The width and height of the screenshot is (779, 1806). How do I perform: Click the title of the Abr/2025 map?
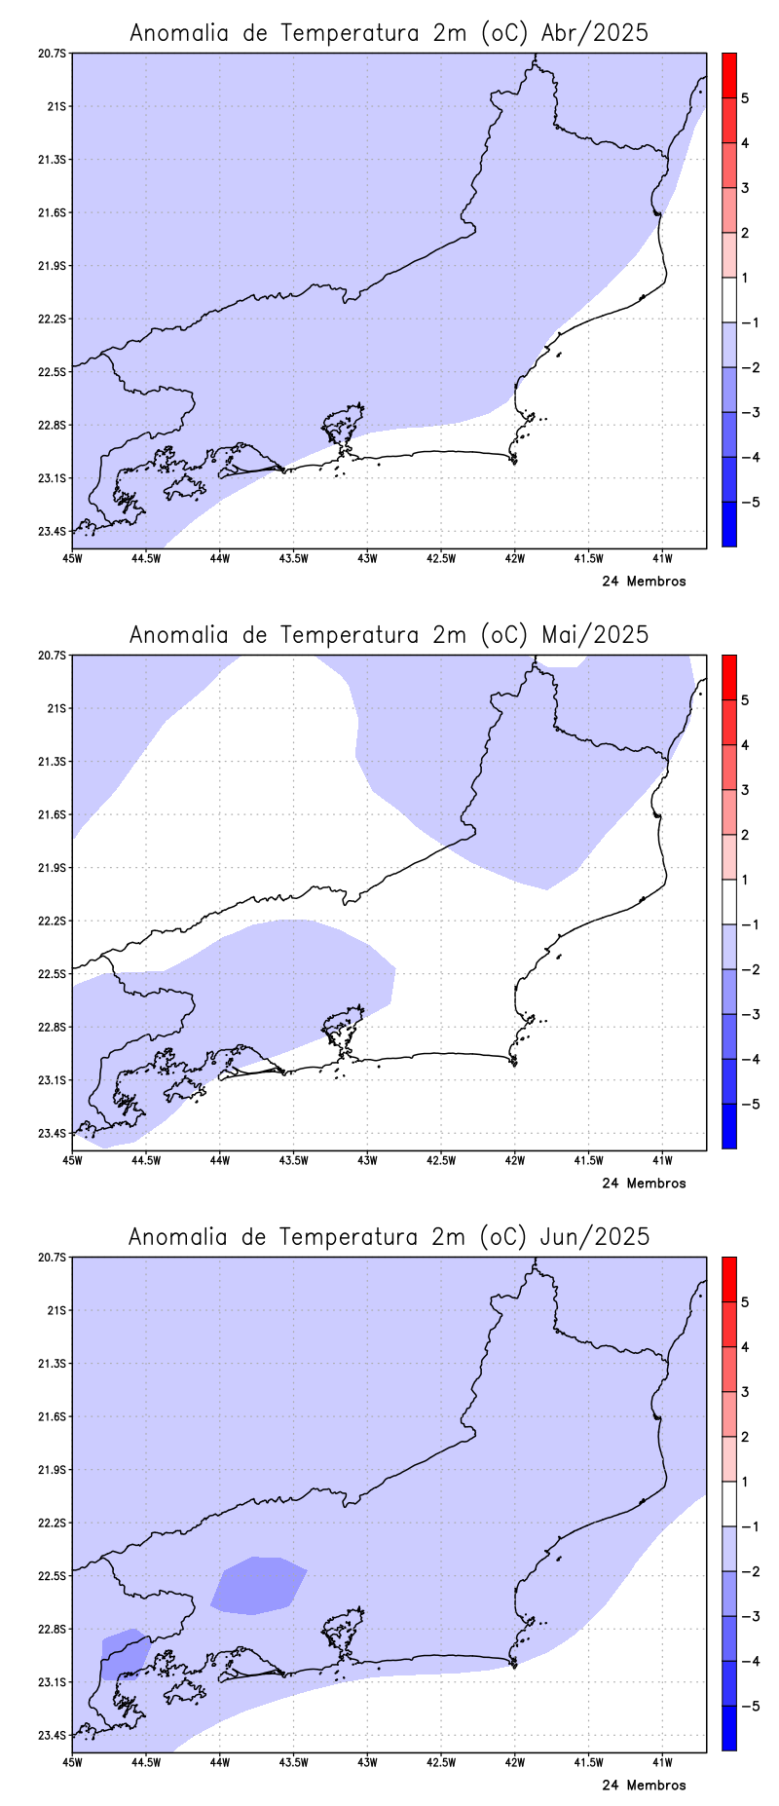(x=389, y=32)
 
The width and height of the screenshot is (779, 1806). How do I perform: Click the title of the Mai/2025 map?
(x=389, y=634)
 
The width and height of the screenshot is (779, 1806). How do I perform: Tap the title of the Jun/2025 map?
(x=389, y=1236)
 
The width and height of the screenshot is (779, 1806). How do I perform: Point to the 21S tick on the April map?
(x=56, y=106)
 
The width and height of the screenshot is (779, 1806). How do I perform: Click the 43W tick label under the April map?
(x=367, y=558)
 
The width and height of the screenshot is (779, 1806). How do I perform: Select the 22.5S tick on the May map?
(x=53, y=974)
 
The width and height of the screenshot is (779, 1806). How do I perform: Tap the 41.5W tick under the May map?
(x=588, y=1160)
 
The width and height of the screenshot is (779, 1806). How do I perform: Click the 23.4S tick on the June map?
(x=53, y=1735)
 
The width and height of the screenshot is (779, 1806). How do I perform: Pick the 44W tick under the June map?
(x=219, y=1762)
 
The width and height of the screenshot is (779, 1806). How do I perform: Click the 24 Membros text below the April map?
(x=644, y=582)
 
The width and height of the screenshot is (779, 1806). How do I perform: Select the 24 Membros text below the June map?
(x=644, y=1786)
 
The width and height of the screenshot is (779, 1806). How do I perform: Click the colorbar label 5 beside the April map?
(x=745, y=98)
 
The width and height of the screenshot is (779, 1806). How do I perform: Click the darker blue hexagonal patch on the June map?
(x=258, y=1585)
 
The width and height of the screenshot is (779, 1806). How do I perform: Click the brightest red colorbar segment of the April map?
(x=728, y=75)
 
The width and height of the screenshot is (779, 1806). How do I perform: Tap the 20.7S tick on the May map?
(x=53, y=656)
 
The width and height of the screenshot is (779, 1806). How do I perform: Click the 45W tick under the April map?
(x=71, y=558)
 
